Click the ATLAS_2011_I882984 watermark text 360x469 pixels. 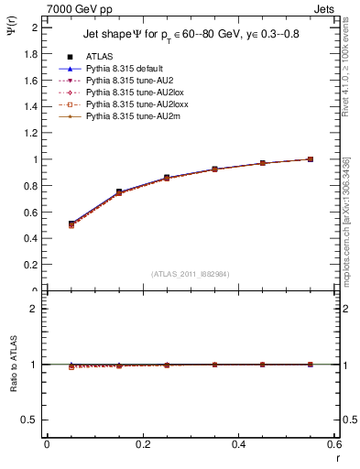coord(191,274)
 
